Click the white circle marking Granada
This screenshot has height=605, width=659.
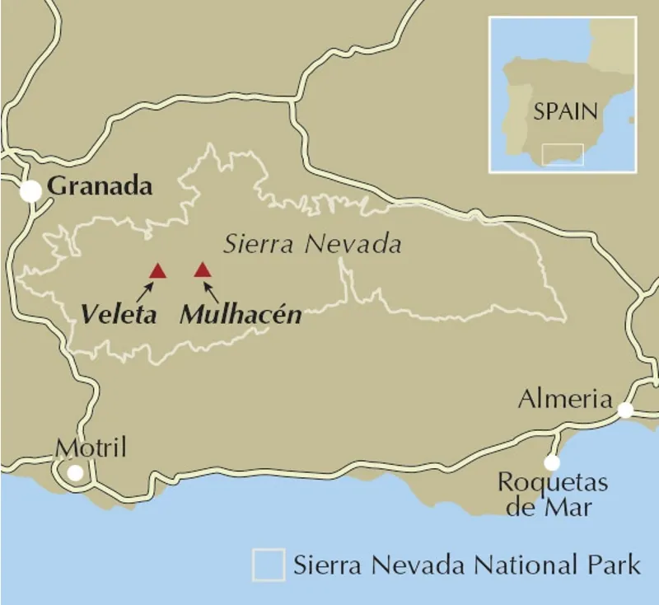point(30,191)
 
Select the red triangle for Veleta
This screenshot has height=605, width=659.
point(157,270)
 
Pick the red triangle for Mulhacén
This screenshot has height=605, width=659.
point(202,270)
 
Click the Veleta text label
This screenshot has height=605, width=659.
point(119,314)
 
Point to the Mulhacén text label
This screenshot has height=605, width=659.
point(240,314)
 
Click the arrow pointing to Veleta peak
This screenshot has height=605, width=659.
point(146,289)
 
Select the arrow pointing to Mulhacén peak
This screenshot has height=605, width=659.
point(212,290)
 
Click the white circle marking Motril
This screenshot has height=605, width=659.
point(76,473)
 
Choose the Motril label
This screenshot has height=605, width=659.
point(91,448)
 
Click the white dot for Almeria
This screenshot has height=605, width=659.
point(626,410)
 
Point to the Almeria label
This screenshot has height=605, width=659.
point(566,400)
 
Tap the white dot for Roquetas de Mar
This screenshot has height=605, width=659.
point(552,463)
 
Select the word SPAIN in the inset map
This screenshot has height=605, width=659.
point(565,112)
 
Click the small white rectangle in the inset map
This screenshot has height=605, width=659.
point(563,155)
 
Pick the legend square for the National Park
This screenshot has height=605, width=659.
point(269,565)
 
